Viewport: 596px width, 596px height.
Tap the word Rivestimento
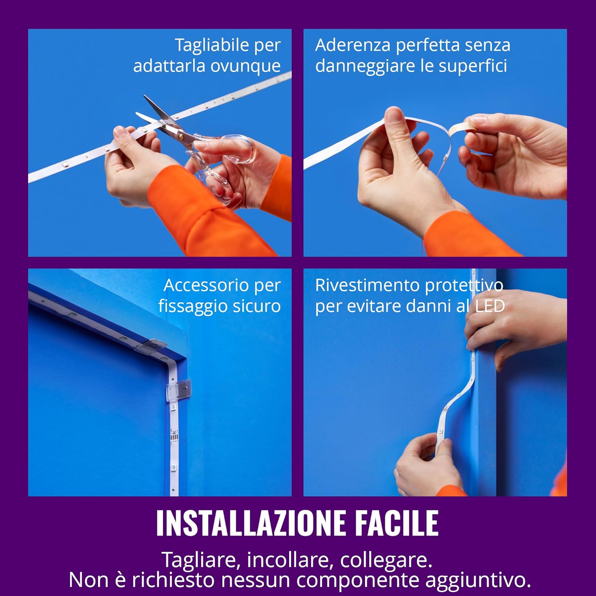(x=366, y=285)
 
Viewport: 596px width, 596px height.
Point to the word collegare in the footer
(x=385, y=560)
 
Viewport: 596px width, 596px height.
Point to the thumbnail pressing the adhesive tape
(x=394, y=116)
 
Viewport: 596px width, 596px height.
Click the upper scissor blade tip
(x=146, y=97)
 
